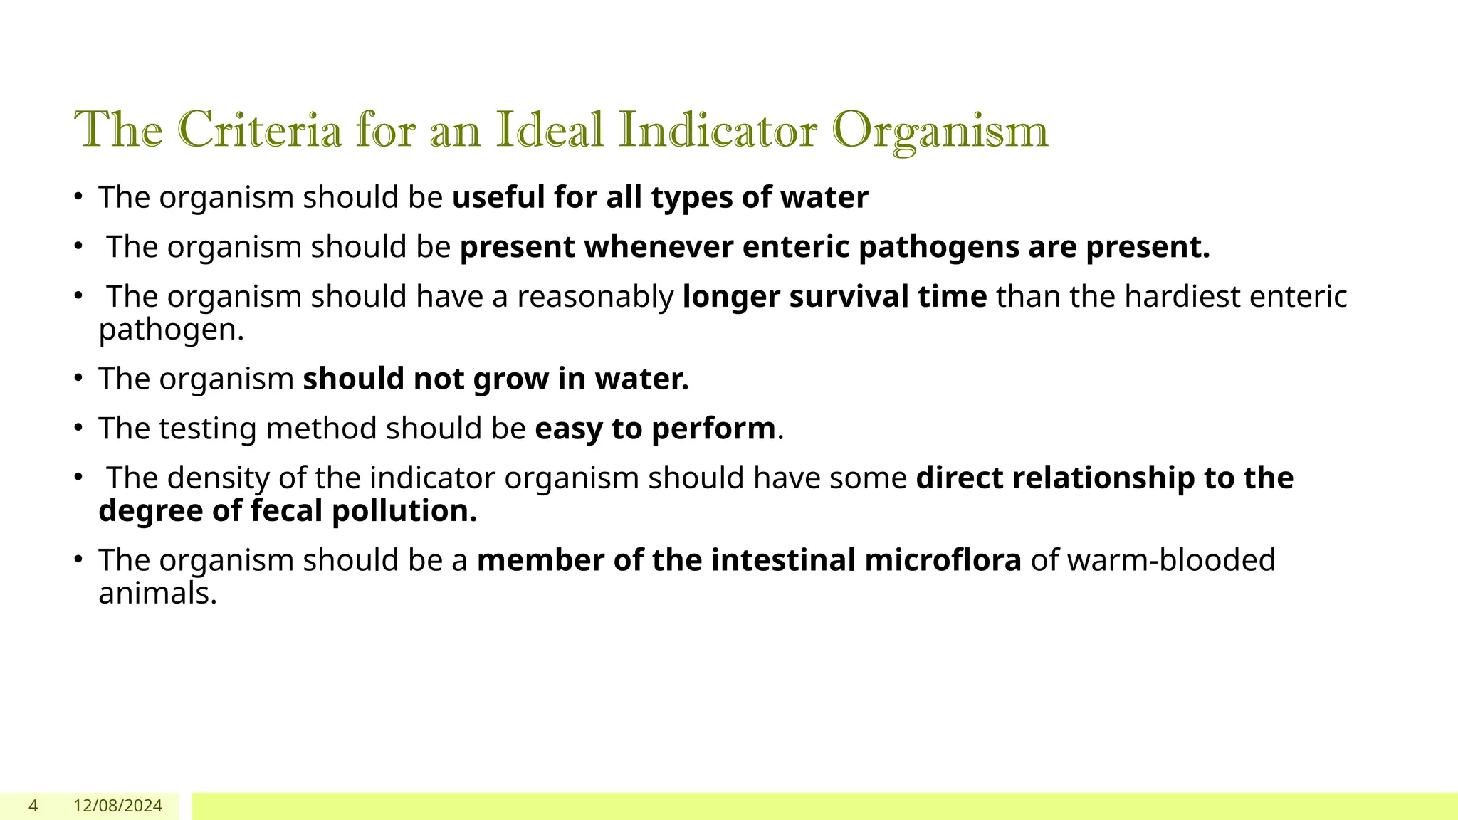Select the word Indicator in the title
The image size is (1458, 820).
[x=718, y=130]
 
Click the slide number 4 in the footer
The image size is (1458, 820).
[x=33, y=806]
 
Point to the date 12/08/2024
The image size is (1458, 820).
[x=118, y=806]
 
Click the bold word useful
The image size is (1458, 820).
[x=498, y=197]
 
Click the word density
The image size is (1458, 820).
[x=218, y=478]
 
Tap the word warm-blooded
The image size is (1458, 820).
[x=1171, y=560]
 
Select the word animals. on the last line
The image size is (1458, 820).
[x=157, y=594]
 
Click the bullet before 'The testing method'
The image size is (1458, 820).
[x=79, y=429]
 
